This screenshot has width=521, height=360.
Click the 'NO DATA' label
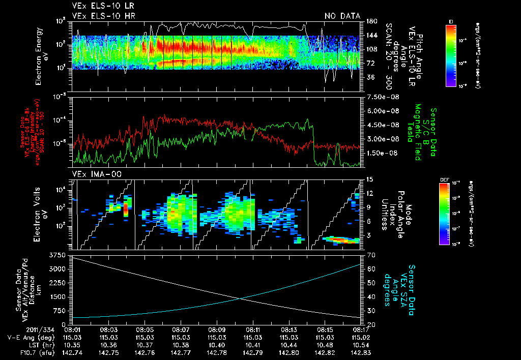point(342,16)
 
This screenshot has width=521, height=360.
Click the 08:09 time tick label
point(217,329)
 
